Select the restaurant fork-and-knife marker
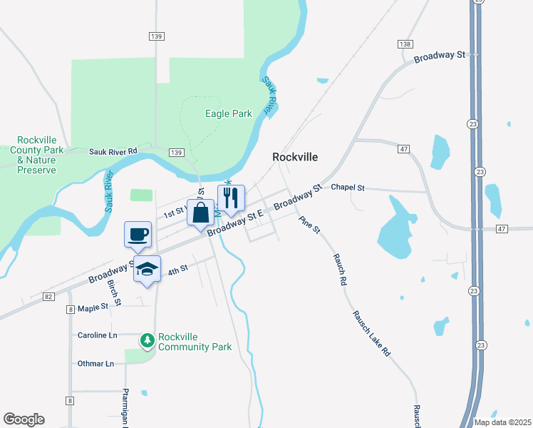(231, 198)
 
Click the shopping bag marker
(201, 211)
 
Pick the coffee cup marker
(138, 233)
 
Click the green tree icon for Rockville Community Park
(148, 341)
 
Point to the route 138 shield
(405, 44)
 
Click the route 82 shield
(48, 296)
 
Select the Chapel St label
(348, 188)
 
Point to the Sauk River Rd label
(113, 151)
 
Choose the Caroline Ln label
(97, 335)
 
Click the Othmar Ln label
(95, 364)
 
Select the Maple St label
(93, 307)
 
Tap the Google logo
(24, 419)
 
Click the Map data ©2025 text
(502, 422)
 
